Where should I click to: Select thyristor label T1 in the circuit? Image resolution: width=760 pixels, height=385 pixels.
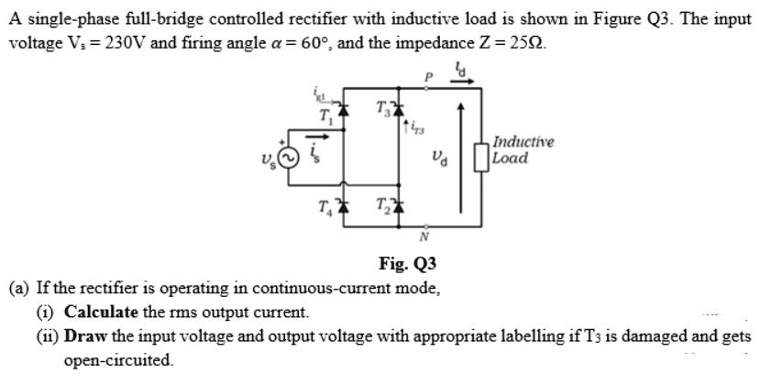tap(324, 115)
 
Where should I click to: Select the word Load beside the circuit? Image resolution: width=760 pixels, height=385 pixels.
tap(509, 158)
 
